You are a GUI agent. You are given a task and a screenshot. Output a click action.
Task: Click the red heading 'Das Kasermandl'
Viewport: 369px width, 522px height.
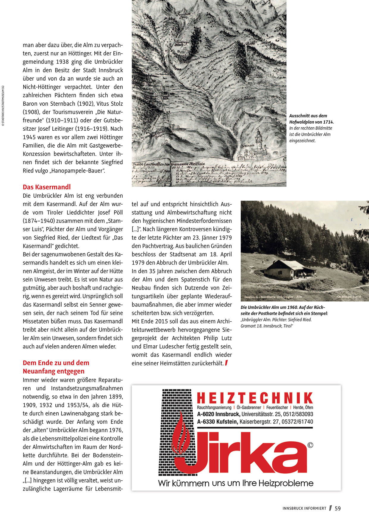pos(47,187)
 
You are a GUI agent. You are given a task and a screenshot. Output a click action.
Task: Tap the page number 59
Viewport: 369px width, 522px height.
pos(338,508)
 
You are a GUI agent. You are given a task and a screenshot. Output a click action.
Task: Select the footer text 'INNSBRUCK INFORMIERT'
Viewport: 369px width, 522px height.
pos(304,509)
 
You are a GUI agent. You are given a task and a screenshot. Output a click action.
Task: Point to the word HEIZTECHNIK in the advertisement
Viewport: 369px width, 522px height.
pos(255,398)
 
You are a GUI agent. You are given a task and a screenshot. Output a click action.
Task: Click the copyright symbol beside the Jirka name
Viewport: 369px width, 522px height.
pos(310,445)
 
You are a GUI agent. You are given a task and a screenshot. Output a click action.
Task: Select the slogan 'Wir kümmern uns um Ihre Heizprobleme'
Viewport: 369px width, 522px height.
pos(236,483)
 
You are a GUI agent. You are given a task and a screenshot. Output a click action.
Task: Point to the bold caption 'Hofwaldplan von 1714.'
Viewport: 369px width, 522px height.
pos(312,122)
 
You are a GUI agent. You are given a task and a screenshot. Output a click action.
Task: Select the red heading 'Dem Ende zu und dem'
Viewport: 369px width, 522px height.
pos(56,363)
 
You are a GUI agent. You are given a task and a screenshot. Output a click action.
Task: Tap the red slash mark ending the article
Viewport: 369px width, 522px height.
pos(226,363)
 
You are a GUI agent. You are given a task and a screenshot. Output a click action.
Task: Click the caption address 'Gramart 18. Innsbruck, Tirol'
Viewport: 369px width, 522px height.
pos(267,326)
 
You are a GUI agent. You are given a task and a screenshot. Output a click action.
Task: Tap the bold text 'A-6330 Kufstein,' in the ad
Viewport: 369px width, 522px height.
pos(218,422)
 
